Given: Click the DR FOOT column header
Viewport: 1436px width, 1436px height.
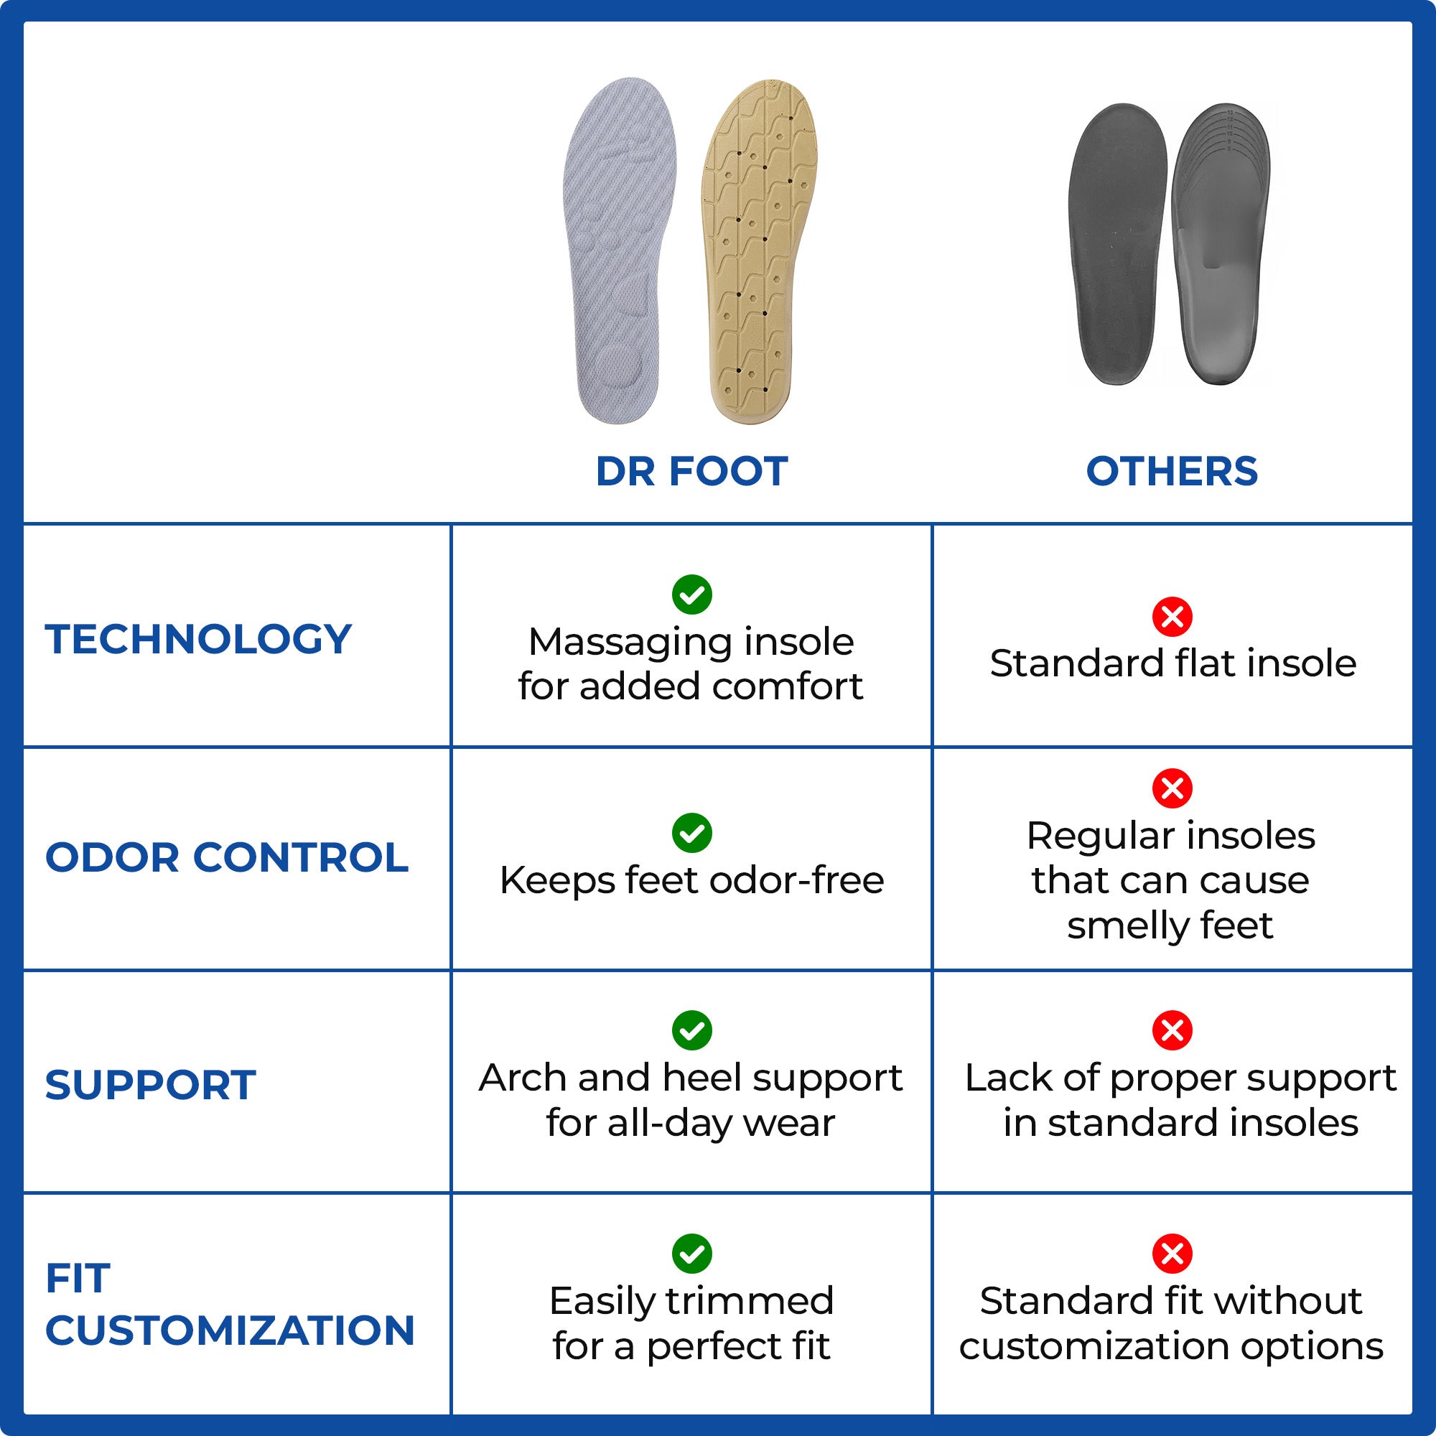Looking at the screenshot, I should click(x=691, y=471).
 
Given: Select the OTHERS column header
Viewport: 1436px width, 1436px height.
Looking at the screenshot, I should click(x=1171, y=471).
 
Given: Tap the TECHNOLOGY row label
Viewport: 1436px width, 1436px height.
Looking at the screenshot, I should click(x=197, y=639).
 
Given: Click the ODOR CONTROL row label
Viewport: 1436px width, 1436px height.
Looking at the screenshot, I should click(x=227, y=857).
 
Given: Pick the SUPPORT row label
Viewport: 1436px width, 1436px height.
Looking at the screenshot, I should click(x=150, y=1084).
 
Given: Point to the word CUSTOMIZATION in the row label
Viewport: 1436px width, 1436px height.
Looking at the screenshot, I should click(x=230, y=1330).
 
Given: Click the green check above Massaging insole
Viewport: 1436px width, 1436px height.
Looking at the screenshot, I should click(x=691, y=595).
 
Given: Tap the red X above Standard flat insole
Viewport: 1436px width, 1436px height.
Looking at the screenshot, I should click(x=1172, y=616).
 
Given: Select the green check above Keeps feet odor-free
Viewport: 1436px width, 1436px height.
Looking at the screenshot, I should click(x=691, y=832).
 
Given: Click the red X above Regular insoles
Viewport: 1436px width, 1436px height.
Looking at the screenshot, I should click(x=1172, y=788).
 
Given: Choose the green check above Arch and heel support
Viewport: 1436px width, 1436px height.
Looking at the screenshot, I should click(x=691, y=1030).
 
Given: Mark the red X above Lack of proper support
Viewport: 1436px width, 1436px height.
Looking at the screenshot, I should click(x=1172, y=1030).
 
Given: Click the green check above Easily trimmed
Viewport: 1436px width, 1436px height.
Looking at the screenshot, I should click(x=691, y=1254).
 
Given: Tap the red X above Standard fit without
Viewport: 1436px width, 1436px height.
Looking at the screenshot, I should click(x=1172, y=1254).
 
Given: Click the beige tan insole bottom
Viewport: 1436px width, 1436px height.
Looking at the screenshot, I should click(x=758, y=253).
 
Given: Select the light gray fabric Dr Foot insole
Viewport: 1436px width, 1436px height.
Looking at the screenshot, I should click(x=618, y=253).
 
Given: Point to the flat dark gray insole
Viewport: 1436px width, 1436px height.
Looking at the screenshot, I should click(x=1116, y=246).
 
